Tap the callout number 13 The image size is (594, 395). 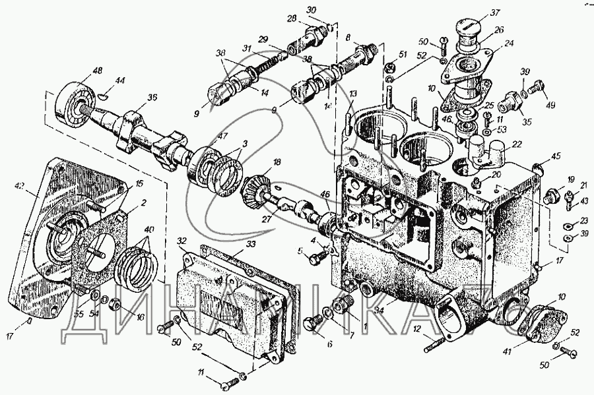353,94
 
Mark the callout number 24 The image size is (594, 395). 510,45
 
